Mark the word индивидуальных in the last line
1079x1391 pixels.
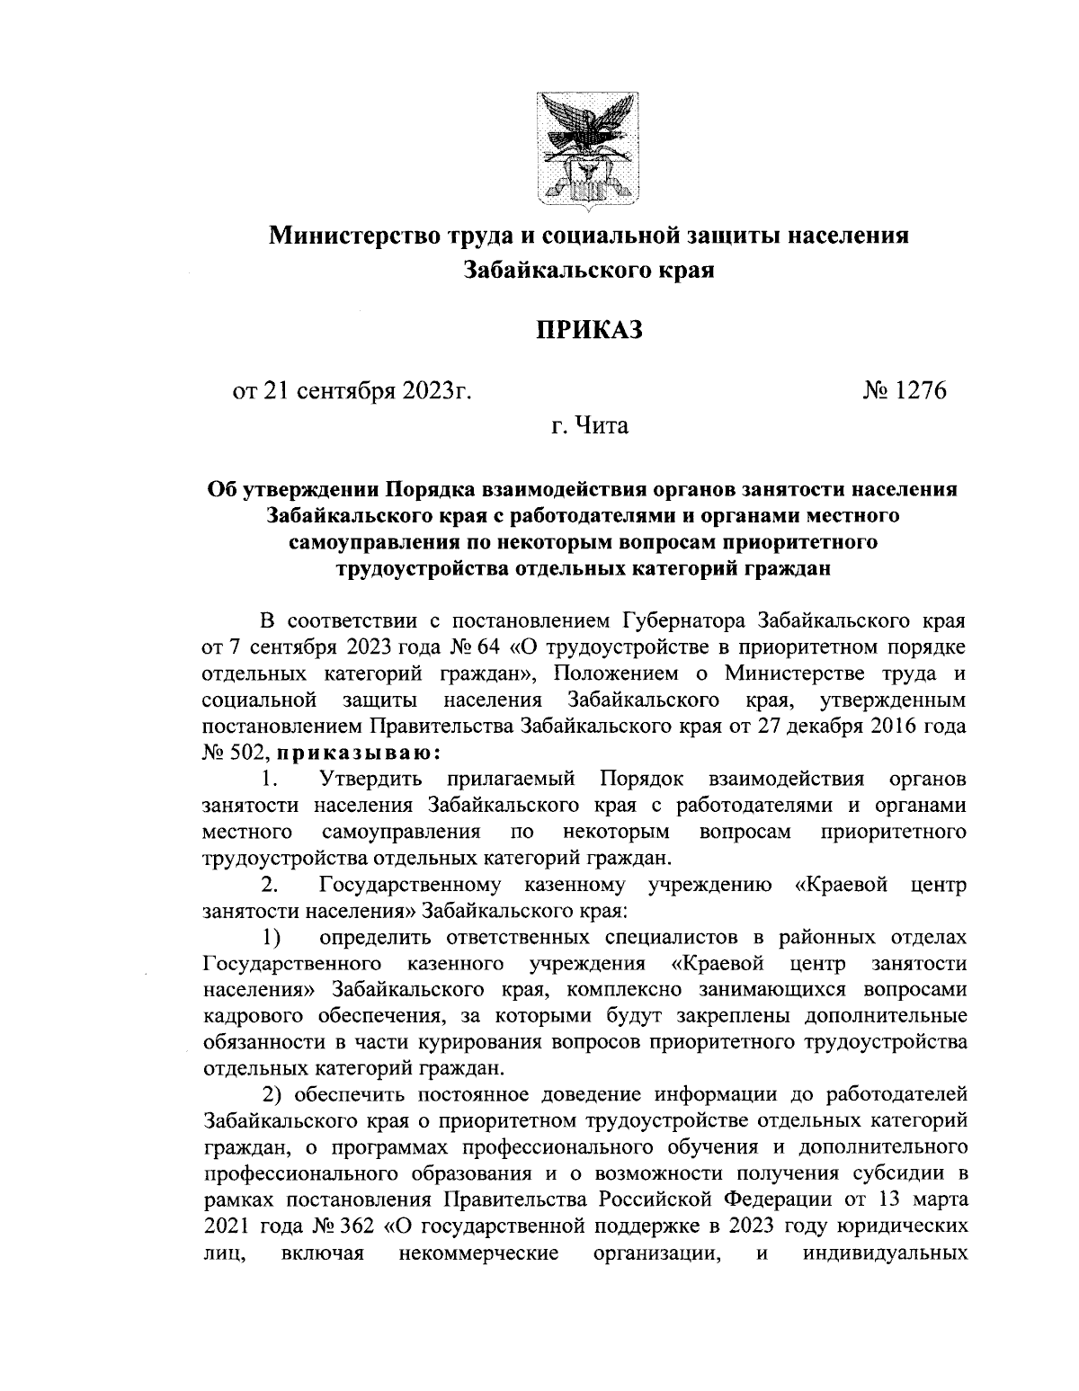point(884,1253)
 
